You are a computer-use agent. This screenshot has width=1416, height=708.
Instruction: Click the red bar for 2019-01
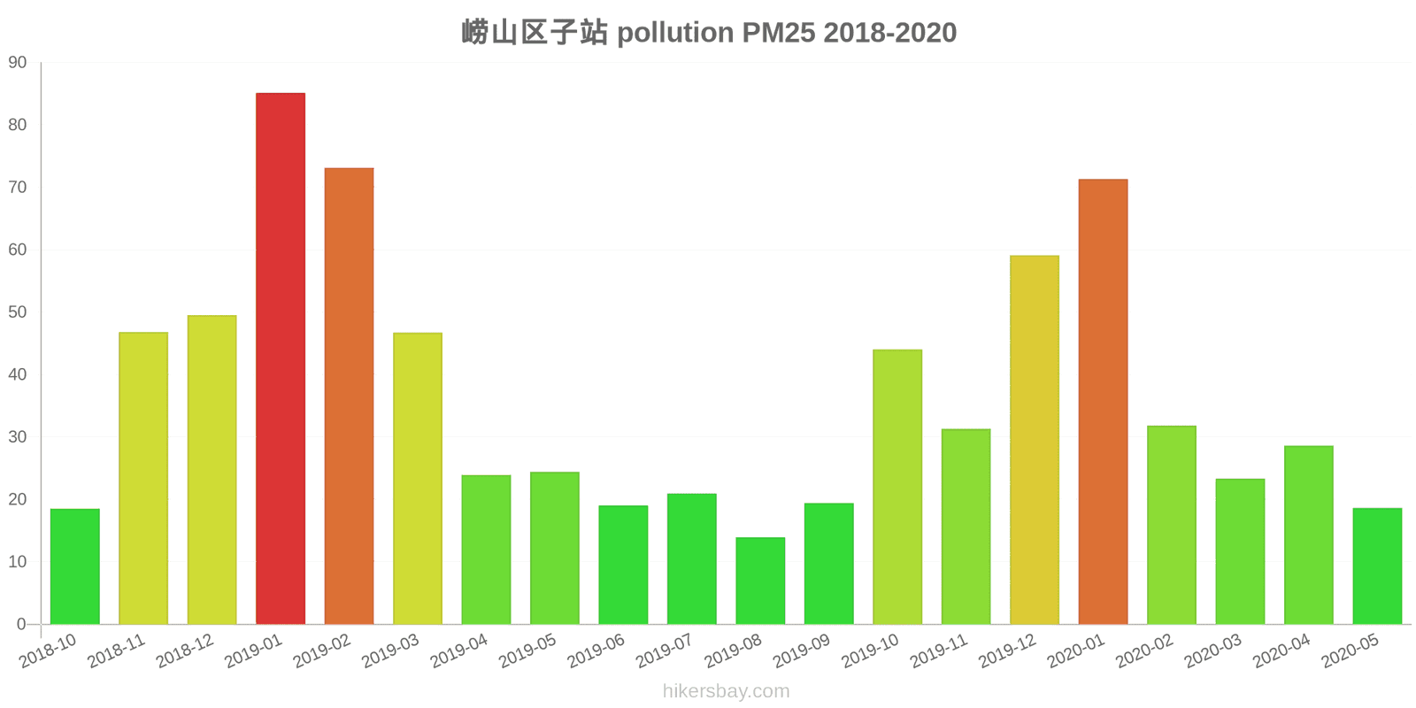pyautogui.click(x=281, y=358)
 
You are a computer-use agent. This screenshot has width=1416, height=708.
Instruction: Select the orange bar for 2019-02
pyautogui.click(x=349, y=396)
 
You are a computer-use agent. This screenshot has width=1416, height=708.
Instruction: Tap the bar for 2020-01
pyautogui.click(x=1103, y=402)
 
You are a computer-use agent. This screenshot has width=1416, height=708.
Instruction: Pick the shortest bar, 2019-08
pyautogui.click(x=760, y=581)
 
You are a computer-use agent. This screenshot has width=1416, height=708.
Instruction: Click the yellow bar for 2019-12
pyautogui.click(x=1035, y=440)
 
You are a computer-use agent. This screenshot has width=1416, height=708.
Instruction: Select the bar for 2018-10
pyautogui.click(x=75, y=566)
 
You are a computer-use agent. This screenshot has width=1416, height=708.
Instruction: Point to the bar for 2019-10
pyautogui.click(x=897, y=487)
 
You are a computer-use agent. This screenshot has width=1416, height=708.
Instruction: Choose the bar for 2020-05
pyautogui.click(x=1377, y=566)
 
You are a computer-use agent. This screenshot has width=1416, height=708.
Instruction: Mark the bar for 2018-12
pyautogui.click(x=212, y=470)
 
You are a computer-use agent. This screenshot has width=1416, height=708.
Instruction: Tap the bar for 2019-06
pyautogui.click(x=623, y=565)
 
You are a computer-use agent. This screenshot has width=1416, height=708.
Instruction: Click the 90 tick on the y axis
pyautogui.click(x=18, y=63)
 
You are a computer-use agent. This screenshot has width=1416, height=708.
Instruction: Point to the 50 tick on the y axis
pyautogui.click(x=18, y=312)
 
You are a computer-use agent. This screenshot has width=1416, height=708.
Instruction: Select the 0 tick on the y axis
pyautogui.click(x=21, y=625)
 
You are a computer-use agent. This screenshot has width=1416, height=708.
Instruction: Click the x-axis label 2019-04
pyautogui.click(x=459, y=652)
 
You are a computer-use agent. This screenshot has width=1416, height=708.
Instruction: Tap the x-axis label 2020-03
pyautogui.click(x=1213, y=652)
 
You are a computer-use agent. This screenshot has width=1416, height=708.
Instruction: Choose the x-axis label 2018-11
pyautogui.click(x=117, y=652)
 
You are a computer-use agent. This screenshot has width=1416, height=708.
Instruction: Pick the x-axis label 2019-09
pyautogui.click(x=802, y=652)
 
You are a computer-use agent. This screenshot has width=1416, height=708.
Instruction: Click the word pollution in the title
pyautogui.click(x=675, y=33)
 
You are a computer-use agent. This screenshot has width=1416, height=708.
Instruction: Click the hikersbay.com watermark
pyautogui.click(x=726, y=691)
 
